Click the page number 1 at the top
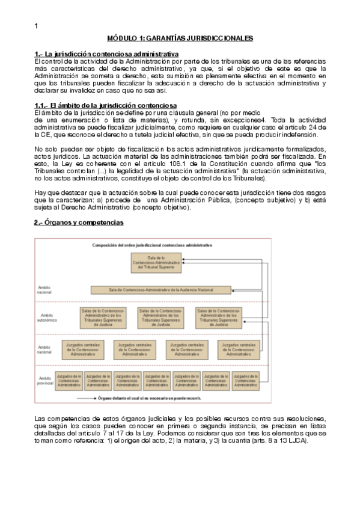(37, 25)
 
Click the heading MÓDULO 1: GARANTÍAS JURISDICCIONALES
(175, 38)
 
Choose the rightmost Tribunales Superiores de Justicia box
(219, 316)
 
